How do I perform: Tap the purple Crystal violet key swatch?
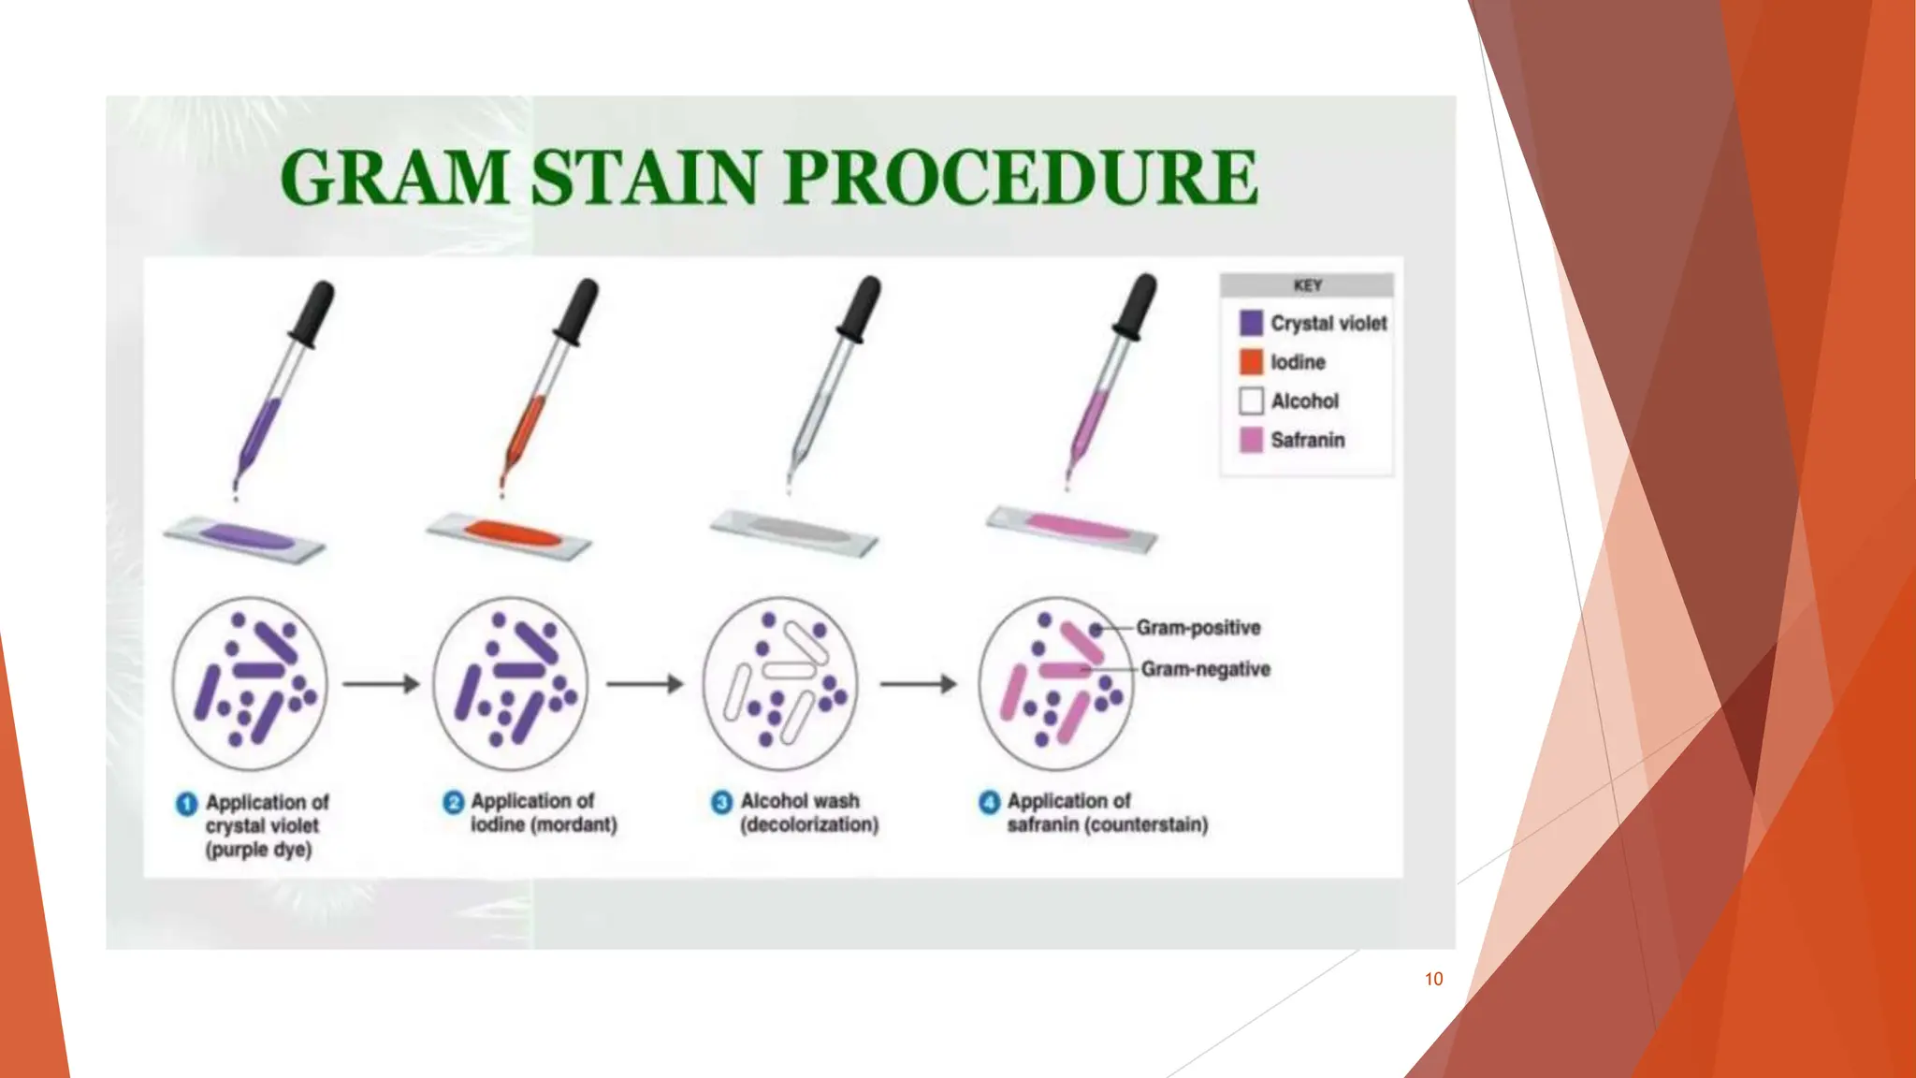pyautogui.click(x=1251, y=323)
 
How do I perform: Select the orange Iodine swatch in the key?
pyautogui.click(x=1251, y=362)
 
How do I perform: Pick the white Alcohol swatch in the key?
pyautogui.click(x=1251, y=401)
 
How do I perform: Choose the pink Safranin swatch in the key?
pyautogui.click(x=1251, y=440)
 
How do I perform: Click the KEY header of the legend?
pyautogui.click(x=1307, y=285)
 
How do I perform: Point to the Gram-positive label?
pyautogui.click(x=1198, y=628)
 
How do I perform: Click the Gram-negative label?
pyautogui.click(x=1205, y=669)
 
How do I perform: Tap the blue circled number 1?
pyautogui.click(x=187, y=804)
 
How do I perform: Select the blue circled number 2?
pyautogui.click(x=454, y=802)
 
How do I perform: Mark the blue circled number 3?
pyautogui.click(x=721, y=802)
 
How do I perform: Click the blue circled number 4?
pyautogui.click(x=990, y=802)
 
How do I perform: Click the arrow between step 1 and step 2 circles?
pyautogui.click(x=381, y=684)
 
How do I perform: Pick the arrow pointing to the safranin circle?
pyautogui.click(x=918, y=684)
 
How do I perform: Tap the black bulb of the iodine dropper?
pyautogui.click(x=576, y=311)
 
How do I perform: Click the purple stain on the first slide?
pyautogui.click(x=245, y=537)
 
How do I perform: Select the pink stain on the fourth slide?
pyautogui.click(x=1079, y=526)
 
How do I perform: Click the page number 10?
pyautogui.click(x=1433, y=979)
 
